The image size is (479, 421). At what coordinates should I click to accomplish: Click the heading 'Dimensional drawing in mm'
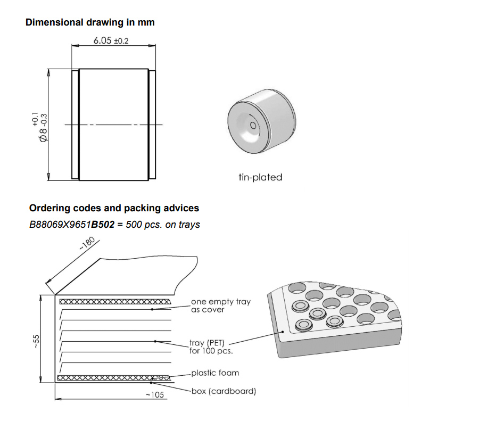pyautogui.click(x=90, y=22)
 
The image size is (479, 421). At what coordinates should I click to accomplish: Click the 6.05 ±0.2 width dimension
pyautogui.click(x=111, y=40)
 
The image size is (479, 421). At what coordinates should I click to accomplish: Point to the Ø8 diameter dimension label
pyautogui.click(x=42, y=128)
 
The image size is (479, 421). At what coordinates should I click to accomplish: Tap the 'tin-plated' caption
pyautogui.click(x=260, y=177)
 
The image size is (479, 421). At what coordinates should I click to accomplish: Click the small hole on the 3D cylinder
pyautogui.click(x=253, y=126)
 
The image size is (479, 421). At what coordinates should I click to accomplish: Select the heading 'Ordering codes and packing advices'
pyautogui.click(x=114, y=208)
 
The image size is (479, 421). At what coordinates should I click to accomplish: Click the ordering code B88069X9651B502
pyautogui.click(x=72, y=225)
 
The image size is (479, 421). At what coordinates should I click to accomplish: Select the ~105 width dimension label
pyautogui.click(x=155, y=394)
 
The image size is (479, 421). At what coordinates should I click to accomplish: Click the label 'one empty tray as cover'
pyautogui.click(x=220, y=306)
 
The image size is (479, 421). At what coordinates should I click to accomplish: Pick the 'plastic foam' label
pyautogui.click(x=215, y=373)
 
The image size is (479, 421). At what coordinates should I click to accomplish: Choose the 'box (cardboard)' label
pyautogui.click(x=224, y=391)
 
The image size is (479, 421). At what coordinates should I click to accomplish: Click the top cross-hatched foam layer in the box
pyautogui.click(x=114, y=302)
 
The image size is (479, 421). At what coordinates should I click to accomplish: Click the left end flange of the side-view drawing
pyautogui.click(x=75, y=125)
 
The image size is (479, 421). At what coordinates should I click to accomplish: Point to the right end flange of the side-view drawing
pyautogui.click(x=152, y=125)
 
